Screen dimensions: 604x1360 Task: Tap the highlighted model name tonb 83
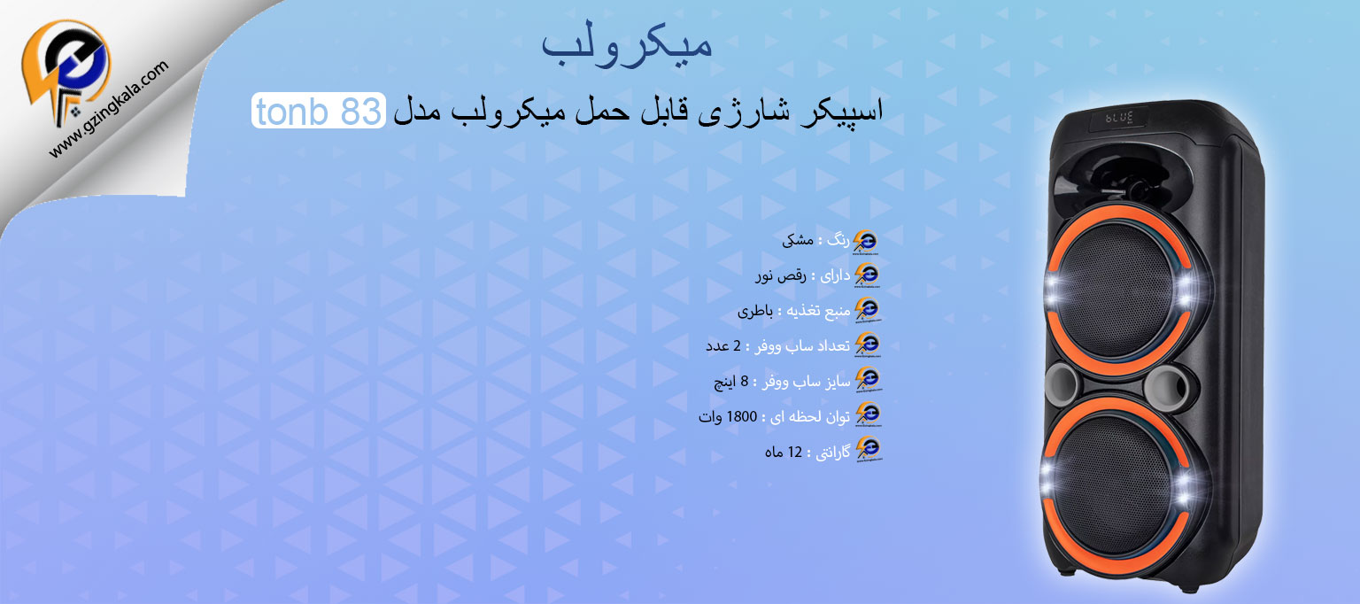[318, 112]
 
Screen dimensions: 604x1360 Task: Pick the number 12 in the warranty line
[795, 452]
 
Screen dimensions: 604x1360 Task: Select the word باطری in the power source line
[755, 311]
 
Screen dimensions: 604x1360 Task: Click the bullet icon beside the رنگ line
[868, 241]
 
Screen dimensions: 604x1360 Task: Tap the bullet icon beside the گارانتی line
[868, 452]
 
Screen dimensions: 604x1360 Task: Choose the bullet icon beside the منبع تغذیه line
[868, 311]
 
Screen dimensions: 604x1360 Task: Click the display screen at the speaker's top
[1119, 118]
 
